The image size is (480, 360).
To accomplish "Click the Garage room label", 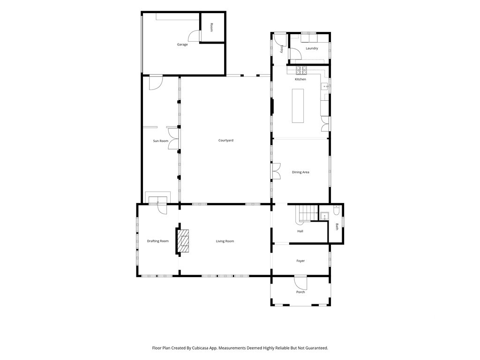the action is coord(182,45).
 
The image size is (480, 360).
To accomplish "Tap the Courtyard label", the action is coord(225,141).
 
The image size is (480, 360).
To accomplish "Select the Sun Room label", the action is coord(161,141).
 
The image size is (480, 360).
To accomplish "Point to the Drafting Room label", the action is coord(157,241).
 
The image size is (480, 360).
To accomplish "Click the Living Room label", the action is coord(225,241).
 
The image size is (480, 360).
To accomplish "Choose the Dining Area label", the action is coord(300,172).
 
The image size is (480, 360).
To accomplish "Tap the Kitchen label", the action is coord(300,79).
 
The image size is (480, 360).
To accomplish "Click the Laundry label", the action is coord(312,48).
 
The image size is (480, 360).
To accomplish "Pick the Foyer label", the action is coord(300,261).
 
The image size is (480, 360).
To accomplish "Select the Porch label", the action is coord(300,292).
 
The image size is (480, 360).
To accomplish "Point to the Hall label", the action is coord(300,231).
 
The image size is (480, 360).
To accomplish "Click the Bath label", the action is coord(337,227).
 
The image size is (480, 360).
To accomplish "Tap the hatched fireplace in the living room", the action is coord(184,241).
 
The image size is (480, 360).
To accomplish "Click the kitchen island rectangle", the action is coord(298,105).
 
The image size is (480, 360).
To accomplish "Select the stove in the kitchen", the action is coord(301,70).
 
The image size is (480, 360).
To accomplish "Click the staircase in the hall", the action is coord(307,213).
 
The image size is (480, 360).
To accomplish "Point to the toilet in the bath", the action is coord(336,210).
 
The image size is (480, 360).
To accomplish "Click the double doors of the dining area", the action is coord(277,171).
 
